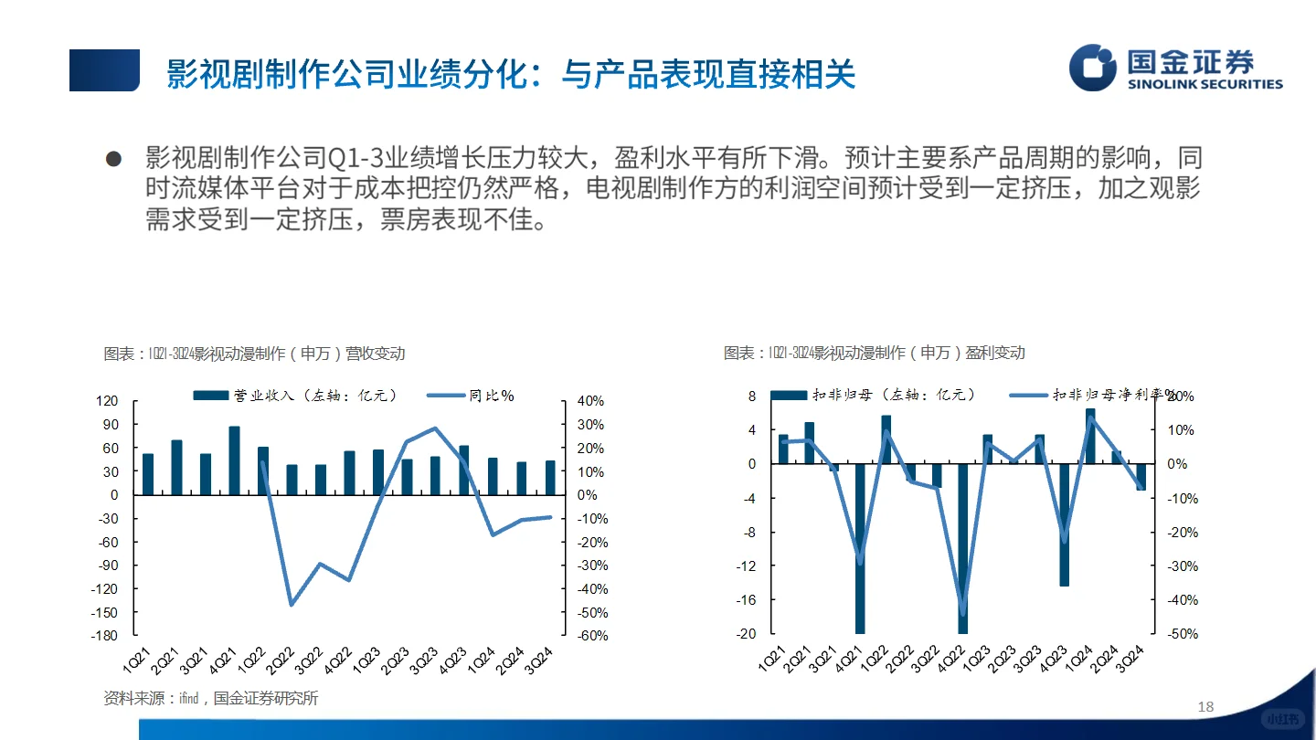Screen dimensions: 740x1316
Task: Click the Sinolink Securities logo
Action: [1175, 68]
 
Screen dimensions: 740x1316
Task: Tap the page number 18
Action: [1205, 706]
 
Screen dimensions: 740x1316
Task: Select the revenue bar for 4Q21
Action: [235, 460]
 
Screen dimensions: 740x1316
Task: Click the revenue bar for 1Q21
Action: [148, 474]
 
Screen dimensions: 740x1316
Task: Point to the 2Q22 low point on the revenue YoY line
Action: [292, 605]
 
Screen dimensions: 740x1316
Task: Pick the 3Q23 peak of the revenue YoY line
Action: [435, 428]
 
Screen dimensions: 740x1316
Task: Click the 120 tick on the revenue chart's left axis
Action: [108, 401]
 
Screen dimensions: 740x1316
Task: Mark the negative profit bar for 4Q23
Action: [1065, 524]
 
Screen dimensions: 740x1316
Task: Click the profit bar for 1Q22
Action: [886, 439]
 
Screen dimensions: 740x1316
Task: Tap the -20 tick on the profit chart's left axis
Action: [747, 634]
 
